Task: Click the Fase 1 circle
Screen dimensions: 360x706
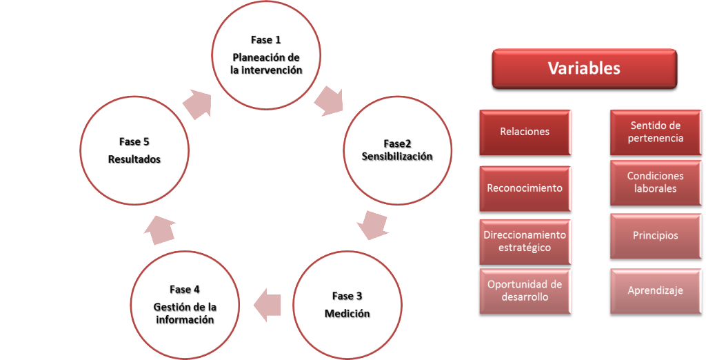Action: click(266, 55)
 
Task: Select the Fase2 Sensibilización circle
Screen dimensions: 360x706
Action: click(397, 150)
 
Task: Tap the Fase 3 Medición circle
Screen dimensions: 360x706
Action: click(347, 305)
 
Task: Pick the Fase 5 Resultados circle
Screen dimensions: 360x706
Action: click(134, 150)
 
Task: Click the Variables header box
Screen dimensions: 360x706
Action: click(583, 69)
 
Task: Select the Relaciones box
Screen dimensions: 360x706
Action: click(524, 132)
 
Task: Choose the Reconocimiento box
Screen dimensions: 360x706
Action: click(524, 188)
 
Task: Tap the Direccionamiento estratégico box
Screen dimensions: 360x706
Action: click(524, 241)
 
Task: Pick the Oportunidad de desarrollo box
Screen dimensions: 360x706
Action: click(524, 291)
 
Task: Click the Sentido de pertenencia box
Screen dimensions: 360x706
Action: click(655, 132)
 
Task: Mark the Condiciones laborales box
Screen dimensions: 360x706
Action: click(655, 183)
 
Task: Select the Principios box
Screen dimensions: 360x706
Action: click(655, 236)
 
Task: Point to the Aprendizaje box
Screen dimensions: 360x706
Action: click(655, 291)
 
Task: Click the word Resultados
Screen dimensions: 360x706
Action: click(134, 159)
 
